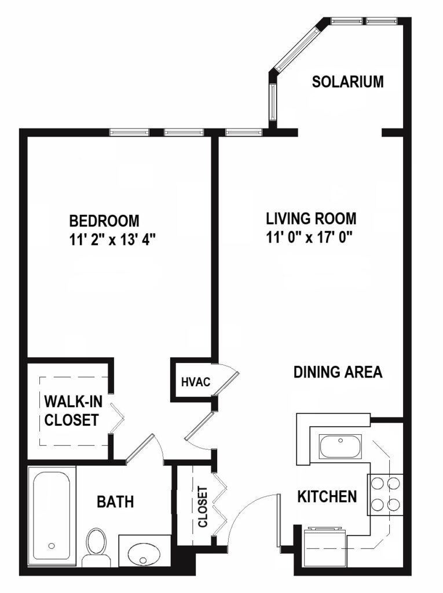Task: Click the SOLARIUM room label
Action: pyautogui.click(x=347, y=82)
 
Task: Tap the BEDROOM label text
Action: pyautogui.click(x=104, y=221)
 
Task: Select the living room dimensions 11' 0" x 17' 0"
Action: pyautogui.click(x=309, y=237)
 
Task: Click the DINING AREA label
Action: pyautogui.click(x=338, y=372)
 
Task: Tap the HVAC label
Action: pyautogui.click(x=196, y=382)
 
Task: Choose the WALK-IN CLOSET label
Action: pyautogui.click(x=73, y=411)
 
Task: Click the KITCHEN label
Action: pyautogui.click(x=327, y=496)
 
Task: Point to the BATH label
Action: pyautogui.click(x=115, y=502)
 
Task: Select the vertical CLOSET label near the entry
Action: pyautogui.click(x=203, y=507)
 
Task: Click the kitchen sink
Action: pyautogui.click(x=341, y=447)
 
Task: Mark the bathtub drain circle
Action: pyautogui.click(x=52, y=546)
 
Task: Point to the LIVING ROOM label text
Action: pyautogui.click(x=311, y=218)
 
